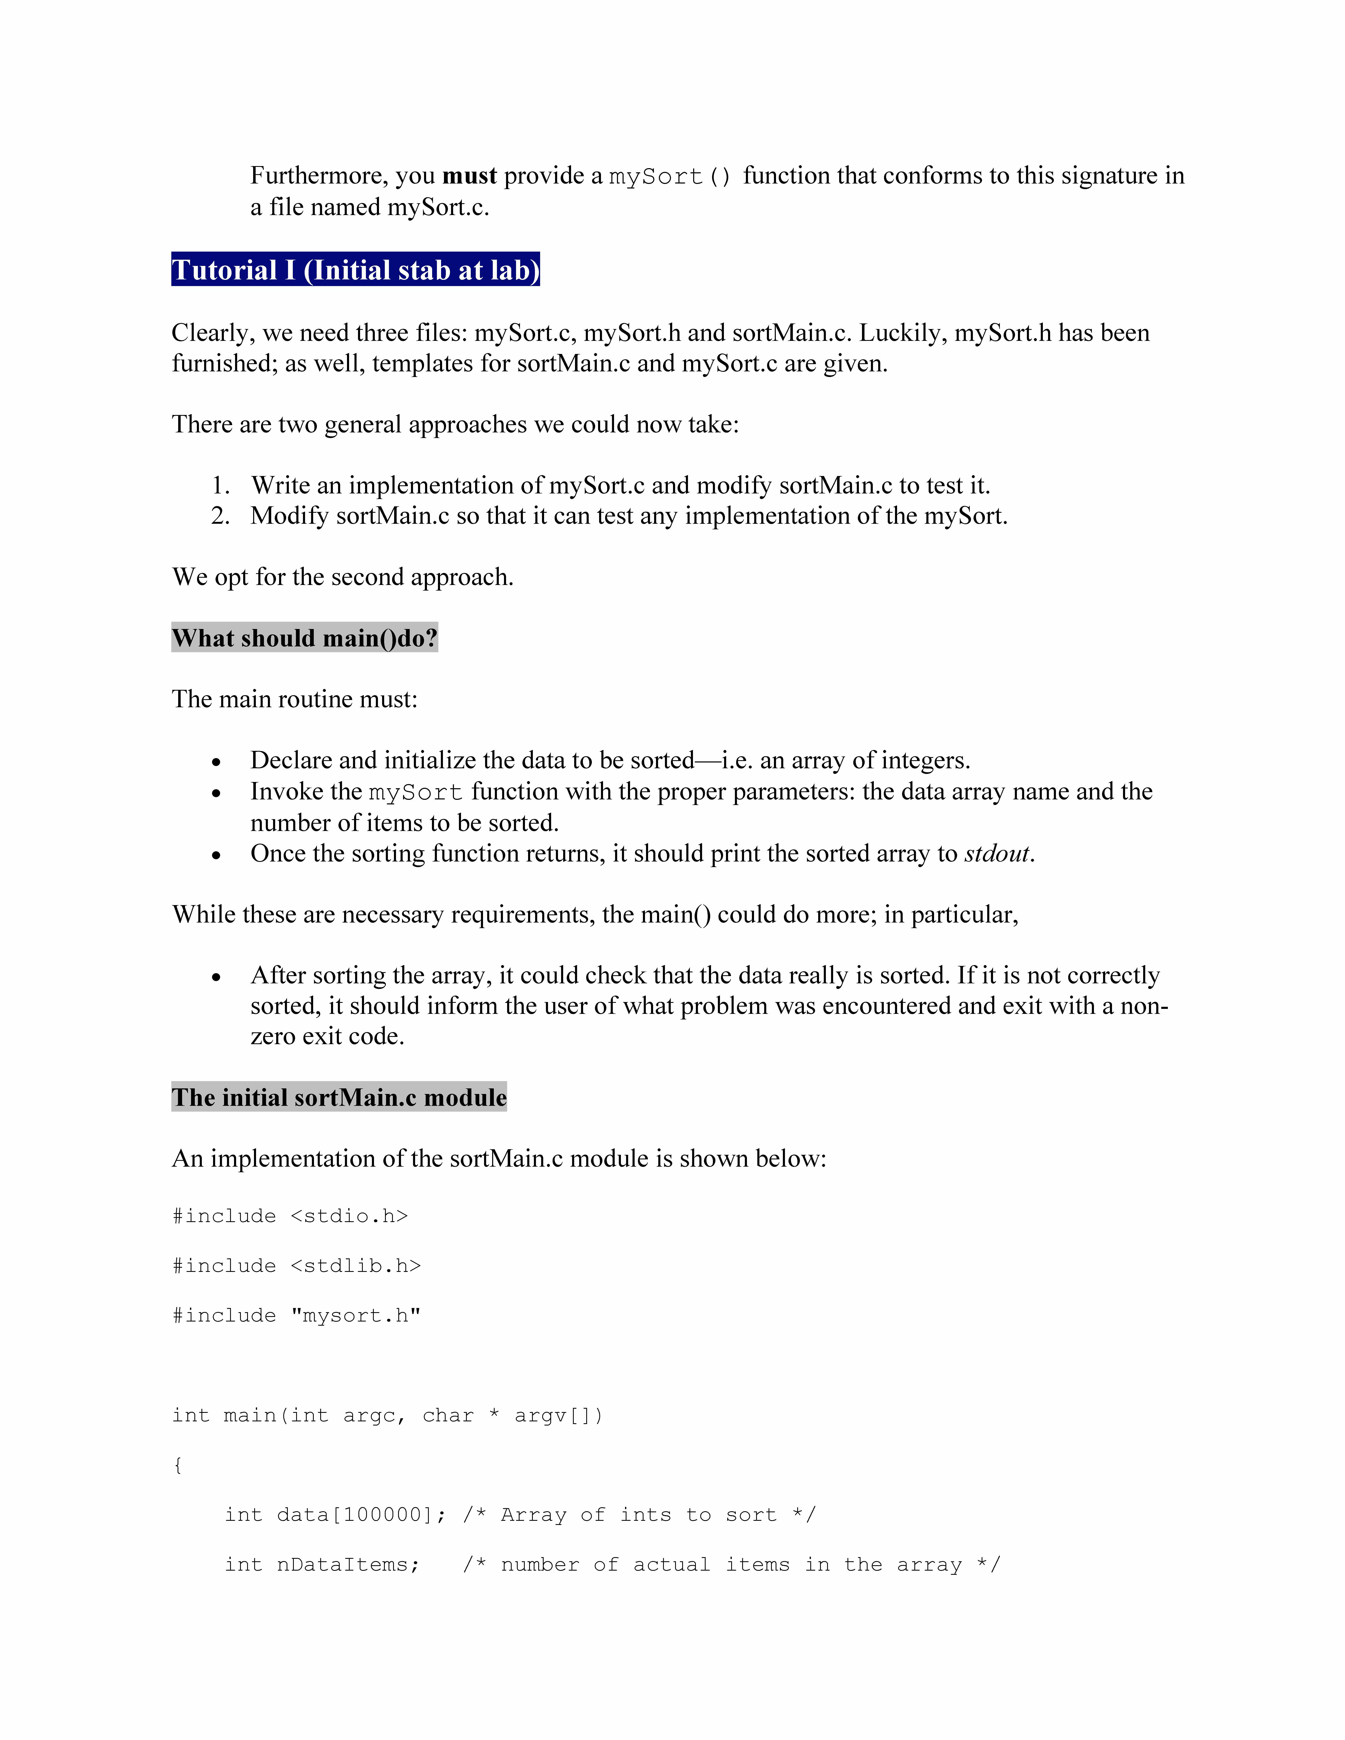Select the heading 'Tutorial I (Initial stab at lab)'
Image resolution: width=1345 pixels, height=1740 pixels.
coord(355,270)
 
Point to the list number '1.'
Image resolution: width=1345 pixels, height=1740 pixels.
coord(221,485)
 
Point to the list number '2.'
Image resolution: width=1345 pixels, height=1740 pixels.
coord(221,516)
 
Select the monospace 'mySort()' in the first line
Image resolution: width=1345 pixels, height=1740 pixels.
coord(669,176)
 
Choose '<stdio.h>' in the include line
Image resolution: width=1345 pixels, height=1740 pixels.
coord(349,1216)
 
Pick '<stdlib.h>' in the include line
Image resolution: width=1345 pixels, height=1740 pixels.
coord(355,1266)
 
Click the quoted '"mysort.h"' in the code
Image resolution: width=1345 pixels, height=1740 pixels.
coord(355,1315)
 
